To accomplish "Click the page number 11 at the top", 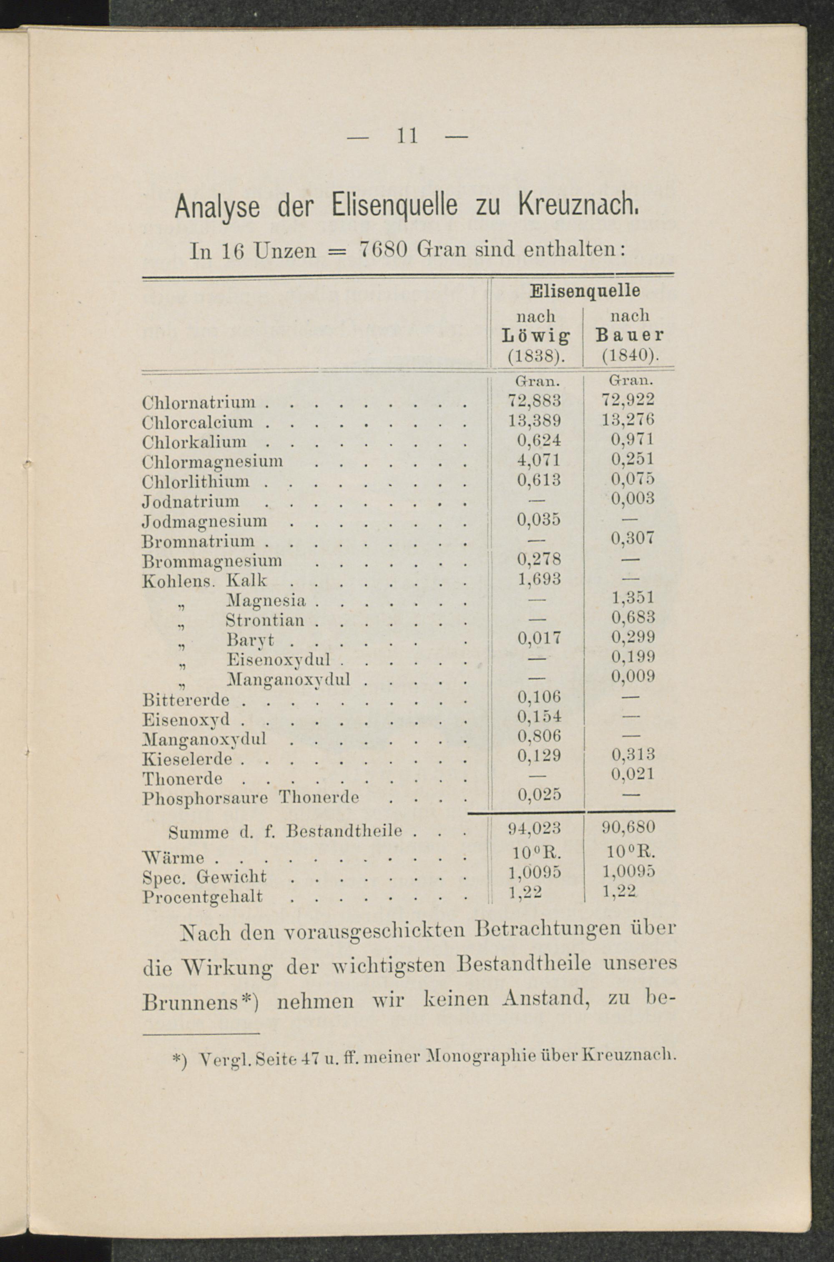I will tap(407, 137).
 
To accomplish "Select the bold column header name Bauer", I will tap(630, 336).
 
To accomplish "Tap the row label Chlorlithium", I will tap(196, 481).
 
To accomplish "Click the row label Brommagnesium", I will tap(212, 560).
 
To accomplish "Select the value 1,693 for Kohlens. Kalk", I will tap(539, 578).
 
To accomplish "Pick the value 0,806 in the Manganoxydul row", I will tap(539, 735).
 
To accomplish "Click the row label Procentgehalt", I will tap(203, 897).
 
